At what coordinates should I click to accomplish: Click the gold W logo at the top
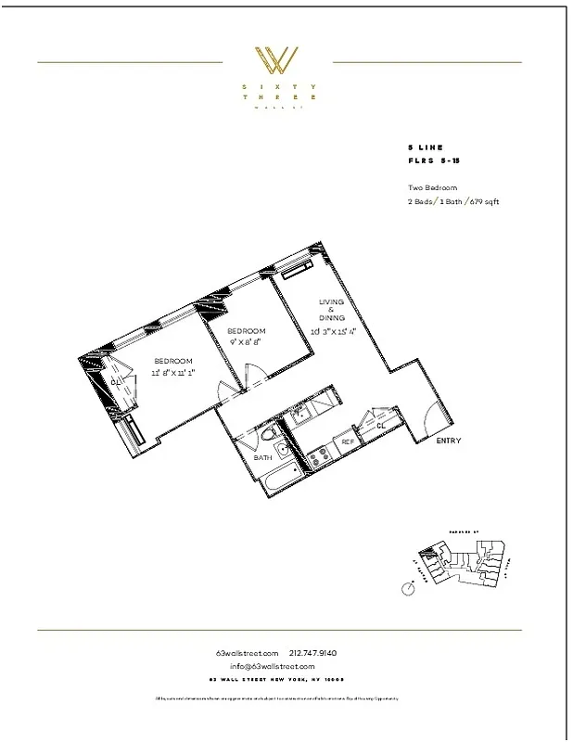tap(276, 60)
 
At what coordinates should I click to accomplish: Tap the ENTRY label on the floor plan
tap(448, 441)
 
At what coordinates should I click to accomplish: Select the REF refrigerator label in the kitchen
tap(348, 442)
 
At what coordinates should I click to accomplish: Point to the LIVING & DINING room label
tap(332, 310)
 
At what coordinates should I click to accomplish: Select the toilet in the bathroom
tap(267, 436)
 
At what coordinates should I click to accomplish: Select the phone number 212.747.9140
tap(315, 652)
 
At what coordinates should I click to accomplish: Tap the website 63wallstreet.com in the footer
tap(248, 652)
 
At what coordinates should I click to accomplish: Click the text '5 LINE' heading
tap(425, 147)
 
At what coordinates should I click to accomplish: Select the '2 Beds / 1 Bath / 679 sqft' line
tap(452, 201)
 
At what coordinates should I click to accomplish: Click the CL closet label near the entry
tap(381, 425)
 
